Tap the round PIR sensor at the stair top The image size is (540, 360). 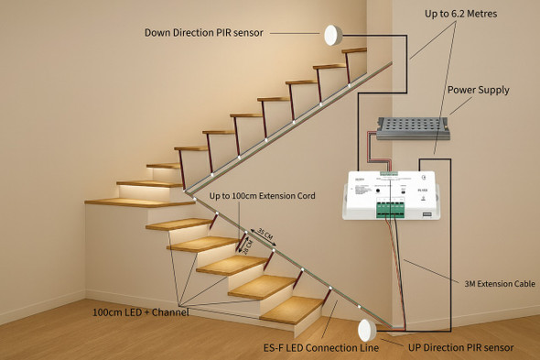[x=330, y=36]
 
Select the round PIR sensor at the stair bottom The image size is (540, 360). [x=368, y=331]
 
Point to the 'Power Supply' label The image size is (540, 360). [x=478, y=90]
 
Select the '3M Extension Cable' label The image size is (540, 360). [x=486, y=284]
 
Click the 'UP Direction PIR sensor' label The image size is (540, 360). [x=459, y=348]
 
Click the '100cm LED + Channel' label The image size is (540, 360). [x=141, y=311]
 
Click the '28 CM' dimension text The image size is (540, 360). [x=247, y=245]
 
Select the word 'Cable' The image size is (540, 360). [x=511, y=284]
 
